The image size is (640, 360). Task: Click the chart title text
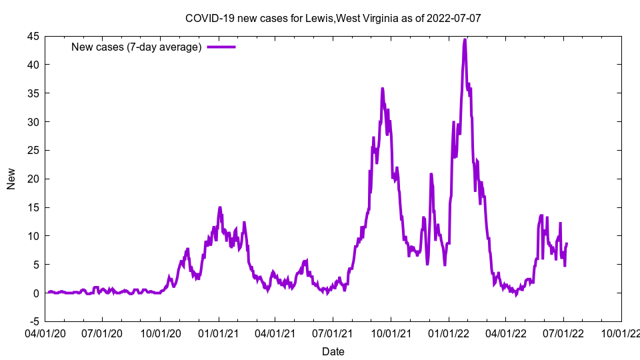(x=333, y=18)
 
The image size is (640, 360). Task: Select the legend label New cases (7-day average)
(x=136, y=47)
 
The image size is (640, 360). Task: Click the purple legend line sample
(x=221, y=47)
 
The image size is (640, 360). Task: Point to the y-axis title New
(x=11, y=179)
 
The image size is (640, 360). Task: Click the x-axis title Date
(x=333, y=351)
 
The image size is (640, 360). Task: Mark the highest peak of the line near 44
(x=465, y=39)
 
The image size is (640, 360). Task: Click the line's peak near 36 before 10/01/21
(x=383, y=88)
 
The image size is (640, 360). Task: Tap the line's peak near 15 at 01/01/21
(x=219, y=207)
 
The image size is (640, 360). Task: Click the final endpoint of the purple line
(x=567, y=243)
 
